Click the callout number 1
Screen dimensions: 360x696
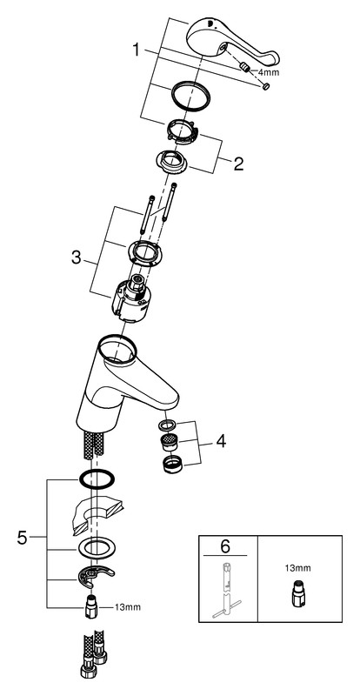137,50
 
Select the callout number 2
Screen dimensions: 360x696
238,164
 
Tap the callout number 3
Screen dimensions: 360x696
77,258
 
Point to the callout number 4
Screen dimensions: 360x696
221,441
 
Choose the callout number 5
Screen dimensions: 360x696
23,539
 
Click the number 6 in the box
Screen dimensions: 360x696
225,547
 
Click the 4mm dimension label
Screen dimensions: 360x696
269,72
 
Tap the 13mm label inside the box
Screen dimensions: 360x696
298,568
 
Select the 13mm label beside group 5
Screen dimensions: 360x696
128,606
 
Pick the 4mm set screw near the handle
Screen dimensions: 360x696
244,68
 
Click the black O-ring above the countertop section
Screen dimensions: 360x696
97,479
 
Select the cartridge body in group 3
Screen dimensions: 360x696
132,297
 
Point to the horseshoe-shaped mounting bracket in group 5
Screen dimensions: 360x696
96,576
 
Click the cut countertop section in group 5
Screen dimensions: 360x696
97,516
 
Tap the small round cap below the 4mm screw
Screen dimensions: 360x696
266,86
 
